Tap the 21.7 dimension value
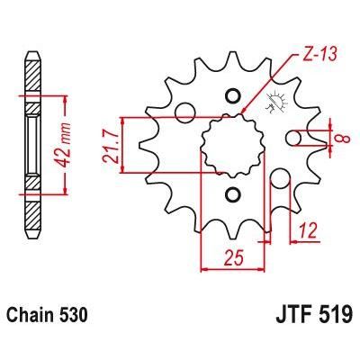pos(109,146)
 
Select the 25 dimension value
pos(234,257)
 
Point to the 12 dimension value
pos(308,230)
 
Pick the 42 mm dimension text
pos(62,146)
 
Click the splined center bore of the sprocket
pos(232,145)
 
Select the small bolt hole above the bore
pos(233,96)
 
